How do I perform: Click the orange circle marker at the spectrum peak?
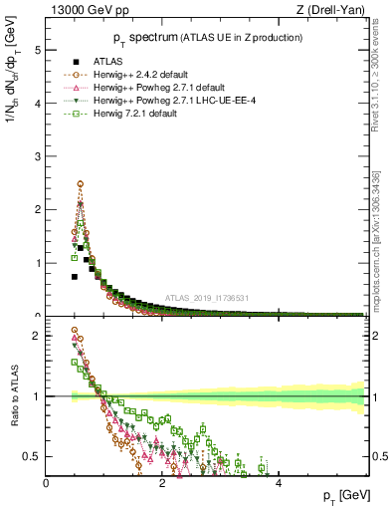coord(80,184)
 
